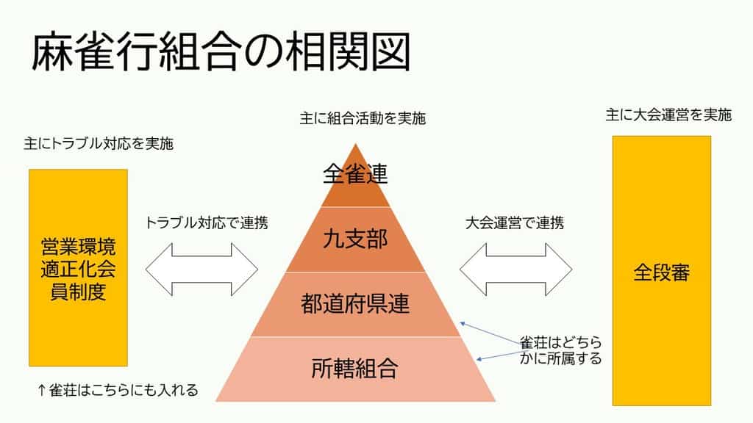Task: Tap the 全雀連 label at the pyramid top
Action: point(356,174)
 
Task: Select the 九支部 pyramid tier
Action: point(356,239)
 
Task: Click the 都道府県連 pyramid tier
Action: point(356,304)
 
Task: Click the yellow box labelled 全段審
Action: point(662,272)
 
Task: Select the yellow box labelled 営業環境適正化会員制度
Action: point(79,268)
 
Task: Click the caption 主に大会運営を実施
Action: point(668,115)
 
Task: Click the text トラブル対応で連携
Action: point(206,223)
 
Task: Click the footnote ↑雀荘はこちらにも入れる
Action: point(118,390)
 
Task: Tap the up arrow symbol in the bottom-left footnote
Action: point(42,390)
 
